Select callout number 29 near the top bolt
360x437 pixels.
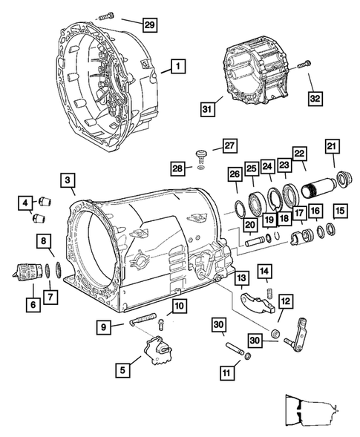point(148,26)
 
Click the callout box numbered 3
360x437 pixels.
point(68,180)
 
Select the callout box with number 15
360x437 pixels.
point(339,211)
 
